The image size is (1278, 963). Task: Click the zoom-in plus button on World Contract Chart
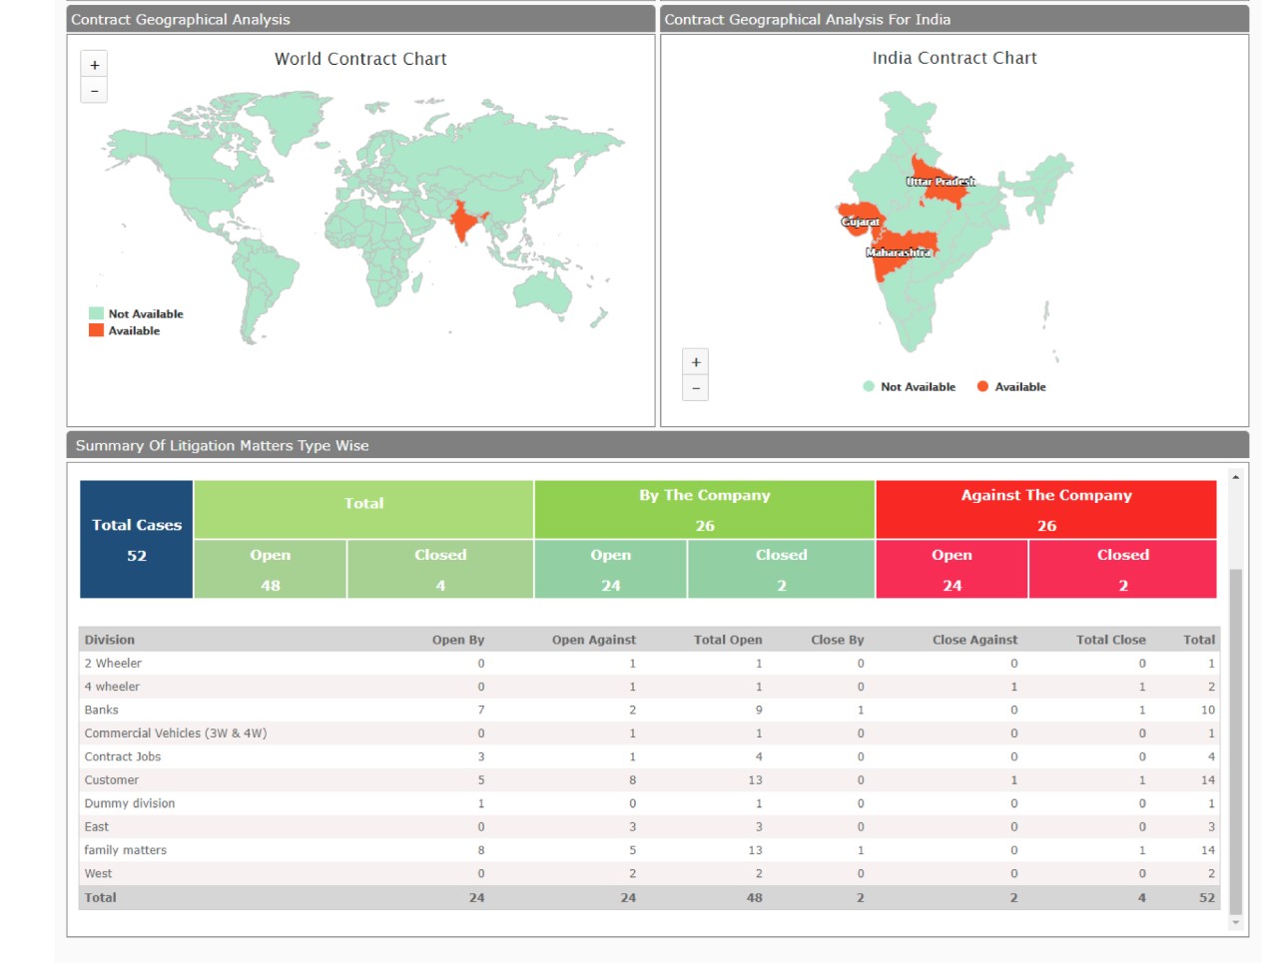(95, 65)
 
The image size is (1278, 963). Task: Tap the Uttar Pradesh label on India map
(941, 182)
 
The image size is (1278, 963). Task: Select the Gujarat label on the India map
(860, 222)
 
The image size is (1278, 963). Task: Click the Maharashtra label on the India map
(898, 252)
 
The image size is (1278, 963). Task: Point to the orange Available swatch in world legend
(96, 330)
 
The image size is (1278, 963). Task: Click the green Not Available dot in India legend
(869, 386)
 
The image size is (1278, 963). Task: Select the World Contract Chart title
(360, 59)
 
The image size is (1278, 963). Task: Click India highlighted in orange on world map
(462, 222)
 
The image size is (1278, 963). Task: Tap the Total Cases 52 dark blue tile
(137, 540)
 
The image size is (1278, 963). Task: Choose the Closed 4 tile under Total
(440, 570)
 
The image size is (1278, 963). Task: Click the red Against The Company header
(1046, 509)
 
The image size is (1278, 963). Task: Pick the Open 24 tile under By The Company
(610, 570)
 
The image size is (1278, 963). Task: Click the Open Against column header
(593, 640)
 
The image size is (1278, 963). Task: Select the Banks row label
(102, 710)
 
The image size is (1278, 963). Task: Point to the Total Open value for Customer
(755, 780)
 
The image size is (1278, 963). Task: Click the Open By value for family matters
(481, 850)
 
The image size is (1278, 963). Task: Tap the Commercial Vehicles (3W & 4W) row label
(176, 733)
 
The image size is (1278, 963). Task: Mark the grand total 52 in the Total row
(1207, 898)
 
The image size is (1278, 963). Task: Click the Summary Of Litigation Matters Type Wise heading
(223, 446)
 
